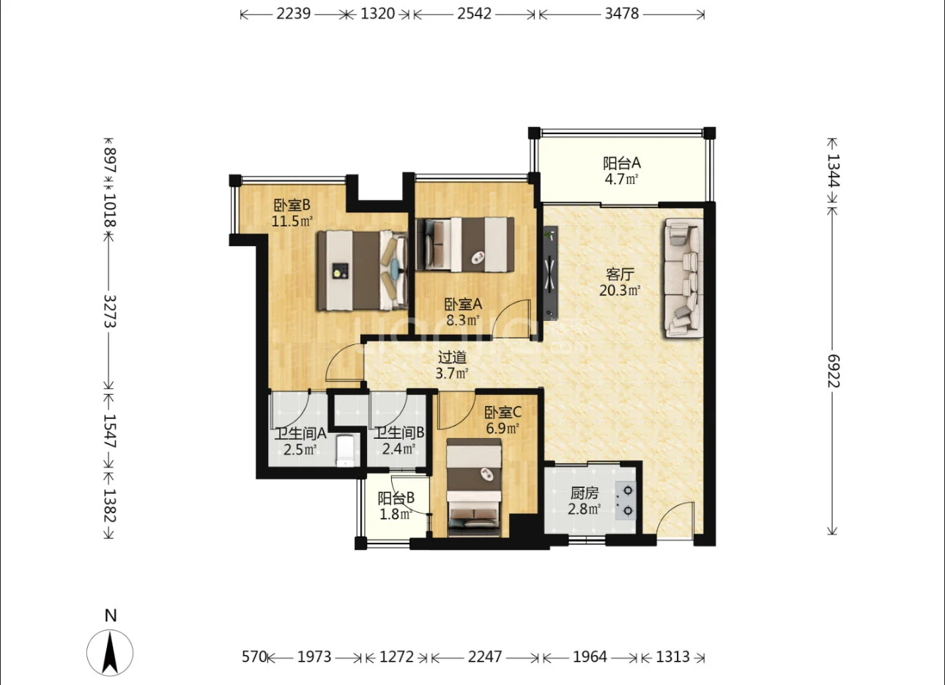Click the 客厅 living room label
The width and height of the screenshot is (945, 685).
(620, 274)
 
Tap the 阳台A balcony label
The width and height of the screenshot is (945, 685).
(622, 163)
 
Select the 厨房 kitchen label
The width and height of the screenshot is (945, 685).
(585, 493)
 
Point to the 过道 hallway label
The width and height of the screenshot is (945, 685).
(452, 358)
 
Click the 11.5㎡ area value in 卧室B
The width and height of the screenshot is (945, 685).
(292, 221)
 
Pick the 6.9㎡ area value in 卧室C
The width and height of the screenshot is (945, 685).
(502, 428)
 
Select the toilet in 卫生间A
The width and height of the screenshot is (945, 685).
(345, 451)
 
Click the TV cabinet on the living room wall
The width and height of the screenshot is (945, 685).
(551, 273)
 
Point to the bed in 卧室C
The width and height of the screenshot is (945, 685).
(474, 487)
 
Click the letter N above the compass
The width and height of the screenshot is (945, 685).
(111, 616)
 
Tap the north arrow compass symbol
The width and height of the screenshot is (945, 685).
(110, 653)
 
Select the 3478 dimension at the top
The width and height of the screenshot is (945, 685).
(622, 14)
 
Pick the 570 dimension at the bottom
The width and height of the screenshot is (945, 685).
(254, 656)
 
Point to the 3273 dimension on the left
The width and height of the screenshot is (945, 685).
(110, 311)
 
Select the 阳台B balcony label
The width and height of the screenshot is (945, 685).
(396, 498)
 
